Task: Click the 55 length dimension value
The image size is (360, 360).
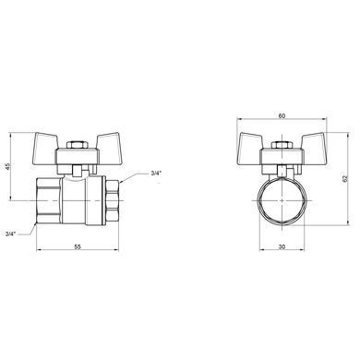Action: pos(78,246)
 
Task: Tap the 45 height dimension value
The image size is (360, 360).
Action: pos(8,166)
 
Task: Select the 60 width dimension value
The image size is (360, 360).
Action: pos(282,116)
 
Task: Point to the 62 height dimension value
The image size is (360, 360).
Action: pos(345,178)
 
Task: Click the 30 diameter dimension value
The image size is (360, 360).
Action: pos(282,246)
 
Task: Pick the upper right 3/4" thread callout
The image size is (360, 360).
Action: pos(156,174)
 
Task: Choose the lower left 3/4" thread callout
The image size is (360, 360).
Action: pos(10,234)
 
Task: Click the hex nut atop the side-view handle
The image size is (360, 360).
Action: pos(77,145)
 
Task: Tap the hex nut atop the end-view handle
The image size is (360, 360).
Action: pos(282,145)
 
